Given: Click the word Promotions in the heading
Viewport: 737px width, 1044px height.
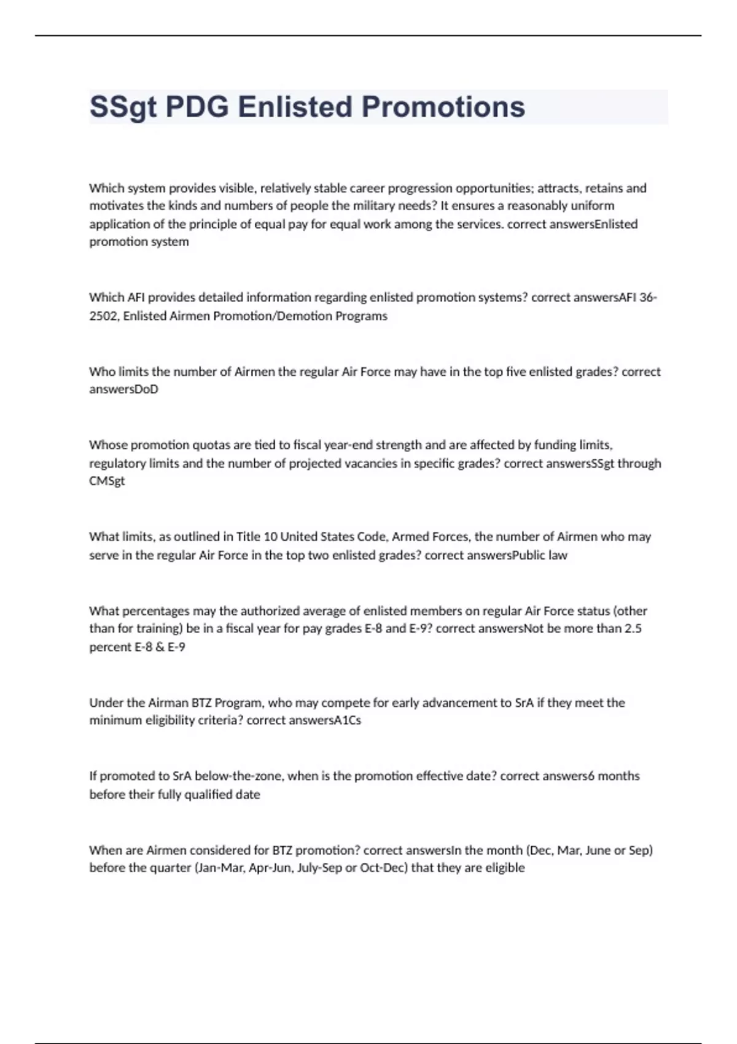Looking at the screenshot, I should tap(443, 107).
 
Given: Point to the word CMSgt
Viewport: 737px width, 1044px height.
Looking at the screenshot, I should tap(107, 481).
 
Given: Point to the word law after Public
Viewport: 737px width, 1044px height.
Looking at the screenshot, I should tap(558, 555).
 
